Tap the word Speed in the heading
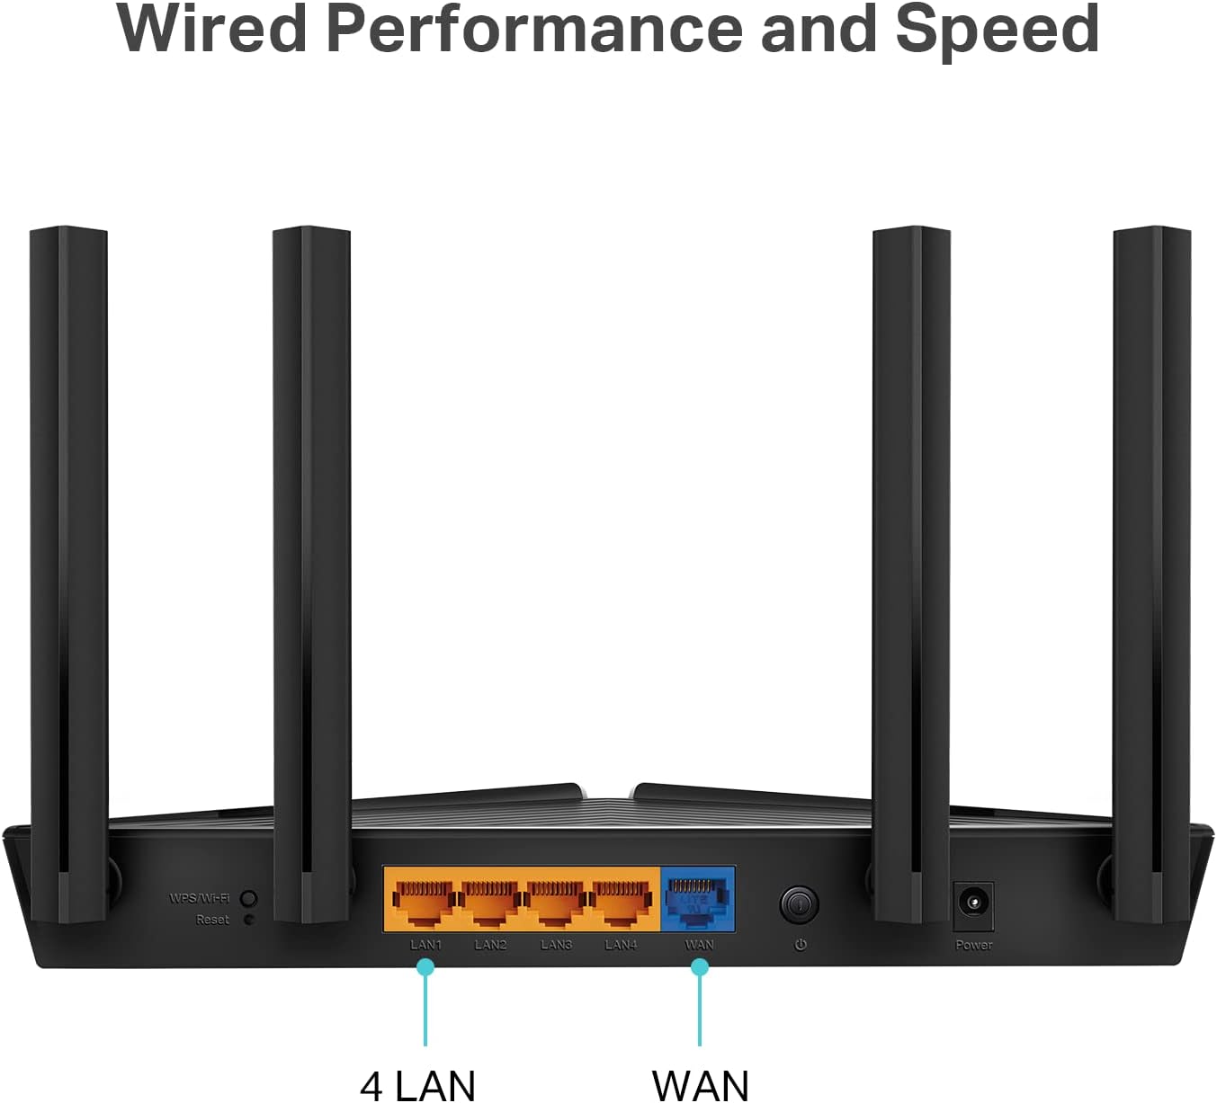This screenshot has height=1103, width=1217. point(997,31)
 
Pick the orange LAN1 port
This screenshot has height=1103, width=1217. point(425,901)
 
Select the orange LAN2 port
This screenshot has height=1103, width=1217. point(491,901)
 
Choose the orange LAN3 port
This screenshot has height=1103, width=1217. point(556,901)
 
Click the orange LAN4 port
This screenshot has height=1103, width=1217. point(622,901)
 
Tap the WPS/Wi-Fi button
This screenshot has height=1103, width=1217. point(249,898)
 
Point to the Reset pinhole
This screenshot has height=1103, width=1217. point(249,920)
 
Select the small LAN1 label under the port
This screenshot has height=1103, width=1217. point(425,945)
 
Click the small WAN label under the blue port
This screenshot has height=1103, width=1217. point(699,945)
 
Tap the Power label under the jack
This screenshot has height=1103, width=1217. point(973,945)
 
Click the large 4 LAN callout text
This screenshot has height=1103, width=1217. point(417,1084)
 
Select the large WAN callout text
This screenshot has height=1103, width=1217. point(700,1084)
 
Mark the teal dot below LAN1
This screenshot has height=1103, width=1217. point(425,967)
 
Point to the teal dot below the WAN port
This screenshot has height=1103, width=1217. point(700,967)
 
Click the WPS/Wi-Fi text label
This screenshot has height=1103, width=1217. point(199,898)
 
